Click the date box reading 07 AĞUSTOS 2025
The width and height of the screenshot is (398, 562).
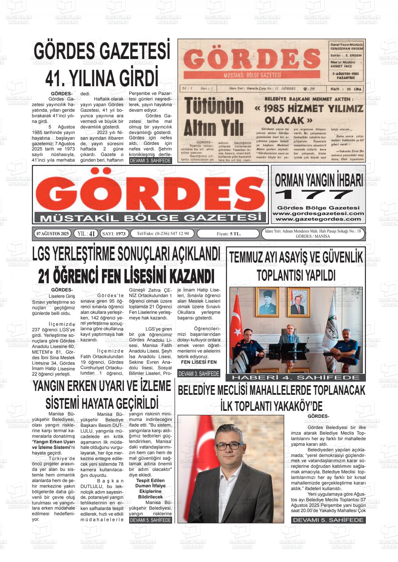pyautogui.click(x=53, y=234)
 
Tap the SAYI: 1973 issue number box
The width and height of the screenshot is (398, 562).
pyautogui.click(x=115, y=234)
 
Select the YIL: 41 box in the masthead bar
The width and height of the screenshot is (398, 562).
pyautogui.click(x=86, y=234)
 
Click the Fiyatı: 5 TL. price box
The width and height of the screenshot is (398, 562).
pyautogui.click(x=228, y=234)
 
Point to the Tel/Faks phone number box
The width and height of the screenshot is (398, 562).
pyautogui.click(x=163, y=234)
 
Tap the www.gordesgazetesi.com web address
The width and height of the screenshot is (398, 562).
pyautogui.click(x=318, y=213)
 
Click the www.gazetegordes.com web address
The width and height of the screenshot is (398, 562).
pyautogui.click(x=318, y=219)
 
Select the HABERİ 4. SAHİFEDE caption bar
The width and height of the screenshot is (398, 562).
pyautogui.click(x=296, y=377)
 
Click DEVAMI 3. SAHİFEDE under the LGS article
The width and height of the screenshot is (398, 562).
pyautogui.click(x=199, y=374)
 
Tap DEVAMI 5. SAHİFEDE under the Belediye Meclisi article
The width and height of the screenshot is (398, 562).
pyautogui.click(x=328, y=520)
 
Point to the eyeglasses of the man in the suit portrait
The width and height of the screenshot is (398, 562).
pyautogui.click(x=228, y=446)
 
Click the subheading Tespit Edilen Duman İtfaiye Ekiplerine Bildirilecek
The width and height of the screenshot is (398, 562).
pyautogui.click(x=150, y=488)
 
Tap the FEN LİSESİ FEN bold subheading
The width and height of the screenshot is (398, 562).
pyautogui.click(x=199, y=362)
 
